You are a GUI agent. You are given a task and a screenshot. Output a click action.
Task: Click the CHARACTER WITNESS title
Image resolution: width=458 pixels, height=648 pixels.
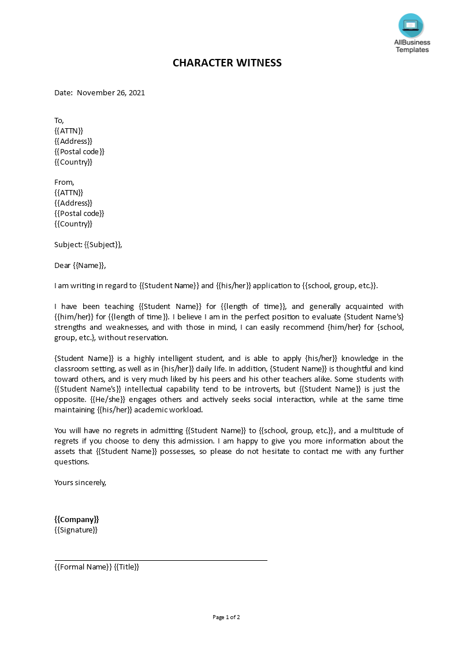[227, 63]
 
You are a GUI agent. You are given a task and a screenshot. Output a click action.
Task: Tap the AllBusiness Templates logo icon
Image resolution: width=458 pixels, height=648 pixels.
[411, 25]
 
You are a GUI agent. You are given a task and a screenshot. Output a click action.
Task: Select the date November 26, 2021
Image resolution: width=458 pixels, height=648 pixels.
[111, 92]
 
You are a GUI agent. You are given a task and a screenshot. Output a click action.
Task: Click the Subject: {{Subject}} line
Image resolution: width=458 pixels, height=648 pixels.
[88, 244]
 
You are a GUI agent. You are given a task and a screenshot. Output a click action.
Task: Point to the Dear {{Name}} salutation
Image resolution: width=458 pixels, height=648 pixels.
[80, 266]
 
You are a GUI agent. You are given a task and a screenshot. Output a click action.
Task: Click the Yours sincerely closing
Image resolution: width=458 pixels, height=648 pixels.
[80, 482]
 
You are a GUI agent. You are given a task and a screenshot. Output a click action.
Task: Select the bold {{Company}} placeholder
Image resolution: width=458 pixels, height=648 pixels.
[77, 519]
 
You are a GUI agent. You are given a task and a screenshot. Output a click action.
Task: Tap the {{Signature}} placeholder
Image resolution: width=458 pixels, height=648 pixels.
[76, 530]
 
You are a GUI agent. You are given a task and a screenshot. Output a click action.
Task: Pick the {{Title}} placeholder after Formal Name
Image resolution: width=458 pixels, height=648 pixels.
[126, 567]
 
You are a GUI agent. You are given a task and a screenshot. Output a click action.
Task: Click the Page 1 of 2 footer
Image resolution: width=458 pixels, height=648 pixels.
[226, 617]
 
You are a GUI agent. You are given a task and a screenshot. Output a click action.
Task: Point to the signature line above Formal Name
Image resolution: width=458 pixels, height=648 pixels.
[161, 560]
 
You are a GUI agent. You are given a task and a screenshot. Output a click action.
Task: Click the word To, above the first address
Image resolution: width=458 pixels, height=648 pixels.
[59, 120]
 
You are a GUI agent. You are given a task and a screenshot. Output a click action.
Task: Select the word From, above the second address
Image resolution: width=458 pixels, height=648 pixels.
[64, 182]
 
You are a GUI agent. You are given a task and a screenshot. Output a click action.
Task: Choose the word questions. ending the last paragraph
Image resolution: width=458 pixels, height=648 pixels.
[72, 461]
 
